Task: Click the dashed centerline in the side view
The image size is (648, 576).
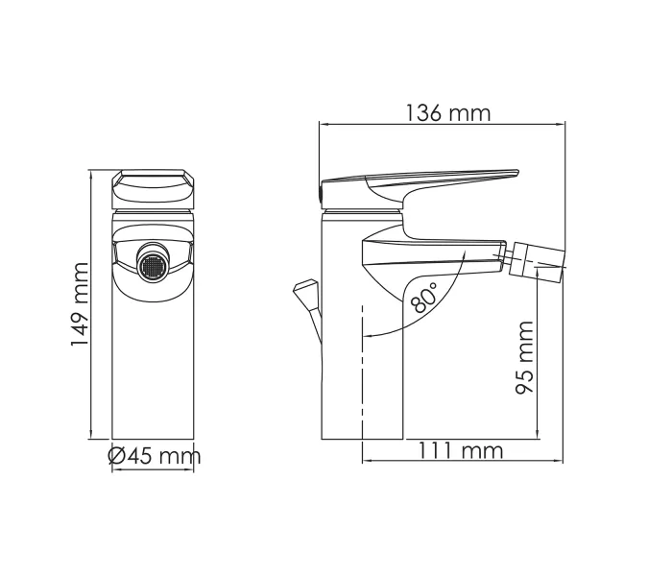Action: tap(363, 374)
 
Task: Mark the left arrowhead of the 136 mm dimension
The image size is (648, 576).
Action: tap(323, 124)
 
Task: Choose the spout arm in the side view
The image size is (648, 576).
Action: tap(432, 252)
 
